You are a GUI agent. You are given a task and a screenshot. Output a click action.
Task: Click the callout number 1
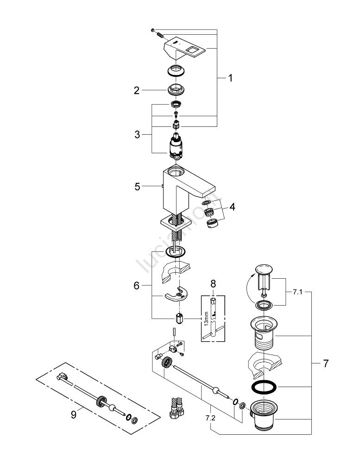(x=230, y=78)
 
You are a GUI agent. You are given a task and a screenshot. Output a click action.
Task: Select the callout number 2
(x=137, y=91)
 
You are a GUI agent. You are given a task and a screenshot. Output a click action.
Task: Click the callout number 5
(x=137, y=187)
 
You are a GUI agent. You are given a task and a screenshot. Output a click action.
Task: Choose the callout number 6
(x=137, y=286)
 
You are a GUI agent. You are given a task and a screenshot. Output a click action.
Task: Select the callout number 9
(x=73, y=415)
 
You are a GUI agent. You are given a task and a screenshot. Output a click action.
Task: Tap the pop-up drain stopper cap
(x=264, y=270)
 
